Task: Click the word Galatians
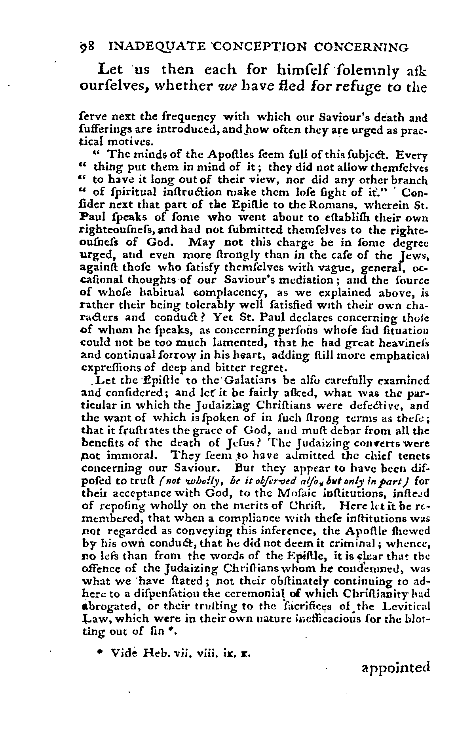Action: coord(254,381)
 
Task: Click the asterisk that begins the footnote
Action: coord(100,653)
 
